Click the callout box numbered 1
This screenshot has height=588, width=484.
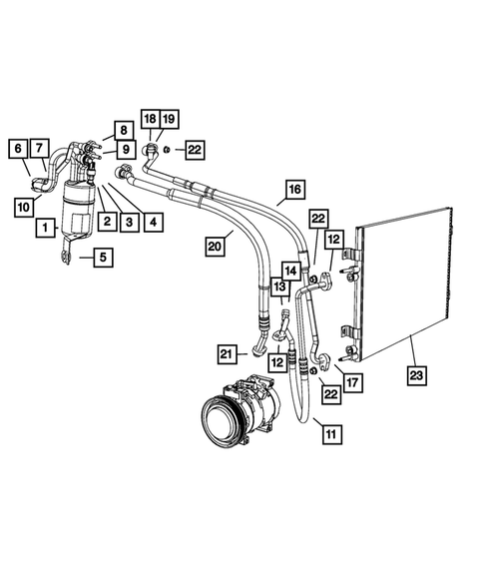[45, 229]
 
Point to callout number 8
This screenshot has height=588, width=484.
[122, 130]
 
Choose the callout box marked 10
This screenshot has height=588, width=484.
[22, 206]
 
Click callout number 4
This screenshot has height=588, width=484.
[153, 222]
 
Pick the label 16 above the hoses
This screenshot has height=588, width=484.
[293, 189]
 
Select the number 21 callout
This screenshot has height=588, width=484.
[230, 352]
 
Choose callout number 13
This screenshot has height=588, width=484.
[278, 289]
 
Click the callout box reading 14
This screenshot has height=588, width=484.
[290, 270]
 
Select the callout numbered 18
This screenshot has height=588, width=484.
[149, 118]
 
